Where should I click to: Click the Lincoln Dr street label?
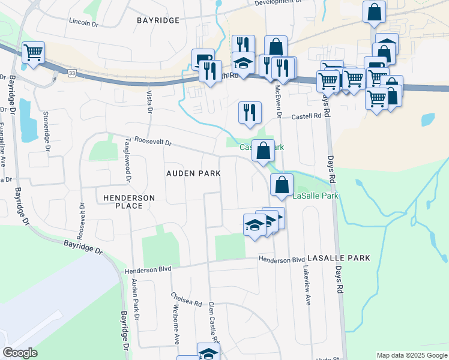[x=83, y=22]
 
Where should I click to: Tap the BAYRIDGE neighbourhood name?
[x=158, y=20]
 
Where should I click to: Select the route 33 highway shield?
[x=71, y=73]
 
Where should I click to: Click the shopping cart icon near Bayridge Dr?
[x=33, y=52]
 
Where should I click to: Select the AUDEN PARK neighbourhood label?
[x=193, y=173]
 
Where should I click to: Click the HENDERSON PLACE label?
[x=129, y=202]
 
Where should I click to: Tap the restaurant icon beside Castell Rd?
[x=249, y=112]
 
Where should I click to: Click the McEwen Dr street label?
[x=277, y=100]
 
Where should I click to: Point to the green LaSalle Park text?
[x=316, y=196]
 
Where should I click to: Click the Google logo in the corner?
[x=20, y=353]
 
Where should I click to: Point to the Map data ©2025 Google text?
[x=411, y=355]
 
